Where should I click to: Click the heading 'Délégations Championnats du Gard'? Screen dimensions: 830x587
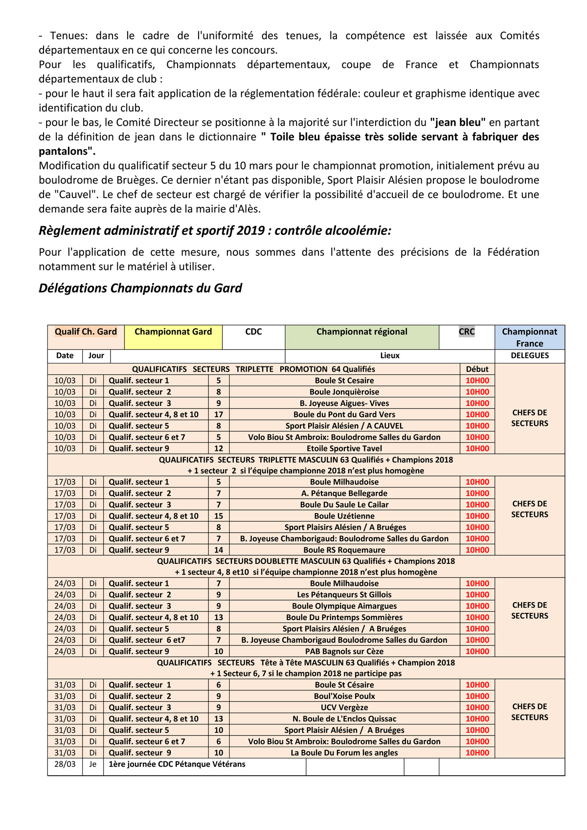[140, 288]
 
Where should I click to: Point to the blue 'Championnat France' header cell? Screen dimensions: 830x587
[529, 337]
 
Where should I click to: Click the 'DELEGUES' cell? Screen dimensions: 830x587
[529, 356]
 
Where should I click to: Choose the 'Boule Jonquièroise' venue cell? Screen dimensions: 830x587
[344, 392]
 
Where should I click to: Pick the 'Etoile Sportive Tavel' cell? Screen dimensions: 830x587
[344, 449]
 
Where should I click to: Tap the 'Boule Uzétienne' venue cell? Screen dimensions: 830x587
[344, 516]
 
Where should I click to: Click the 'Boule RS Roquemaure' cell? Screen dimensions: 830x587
[344, 550]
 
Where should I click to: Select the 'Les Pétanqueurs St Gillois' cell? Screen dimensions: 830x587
[344, 595]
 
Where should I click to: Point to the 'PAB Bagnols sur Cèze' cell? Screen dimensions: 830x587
[344, 651]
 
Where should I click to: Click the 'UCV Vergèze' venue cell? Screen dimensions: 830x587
[344, 707]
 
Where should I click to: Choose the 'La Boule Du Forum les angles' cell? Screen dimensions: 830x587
[344, 753]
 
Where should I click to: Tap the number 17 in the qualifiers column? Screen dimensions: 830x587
[219, 414]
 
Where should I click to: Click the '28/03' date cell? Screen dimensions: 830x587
[65, 764]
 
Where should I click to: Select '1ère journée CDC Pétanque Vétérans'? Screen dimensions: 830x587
[177, 764]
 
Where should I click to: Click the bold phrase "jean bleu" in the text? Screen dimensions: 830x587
[457, 122]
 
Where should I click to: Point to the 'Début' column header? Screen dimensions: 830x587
[477, 369]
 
